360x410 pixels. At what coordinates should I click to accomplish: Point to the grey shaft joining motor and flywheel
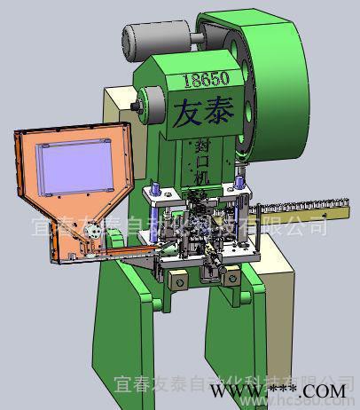pyautogui.click(x=193, y=37)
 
